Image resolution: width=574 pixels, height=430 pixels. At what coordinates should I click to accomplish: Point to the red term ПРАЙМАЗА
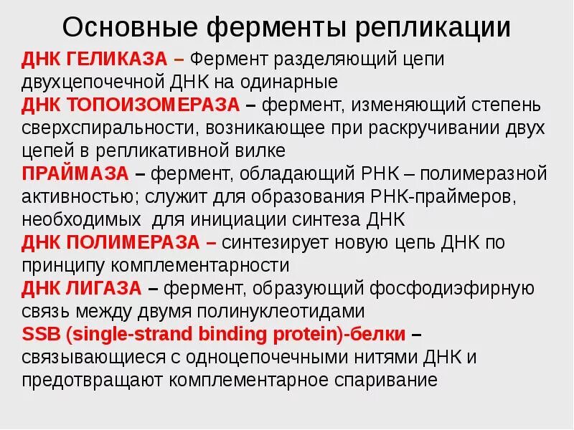click(75, 174)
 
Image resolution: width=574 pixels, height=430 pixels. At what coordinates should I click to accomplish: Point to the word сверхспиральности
click(108, 128)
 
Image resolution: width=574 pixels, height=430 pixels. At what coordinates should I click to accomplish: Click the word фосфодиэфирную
click(452, 289)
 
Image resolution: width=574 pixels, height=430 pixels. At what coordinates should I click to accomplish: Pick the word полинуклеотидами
click(284, 312)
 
